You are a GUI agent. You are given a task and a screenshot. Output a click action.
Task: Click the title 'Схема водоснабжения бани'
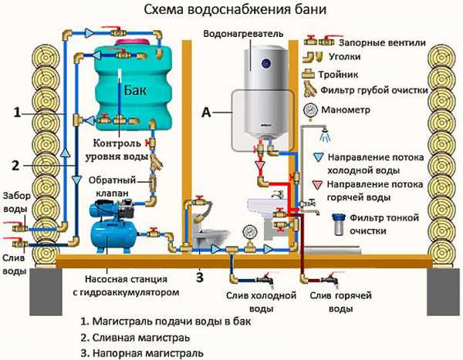point(231,10)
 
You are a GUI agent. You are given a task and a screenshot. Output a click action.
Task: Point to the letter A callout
point(206,111)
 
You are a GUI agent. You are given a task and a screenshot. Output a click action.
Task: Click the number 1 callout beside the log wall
point(17,113)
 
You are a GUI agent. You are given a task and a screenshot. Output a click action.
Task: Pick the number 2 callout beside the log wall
point(17,164)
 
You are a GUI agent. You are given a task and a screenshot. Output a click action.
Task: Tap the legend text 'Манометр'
point(350,110)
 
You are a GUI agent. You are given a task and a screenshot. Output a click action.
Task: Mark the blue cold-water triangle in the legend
point(318,156)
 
